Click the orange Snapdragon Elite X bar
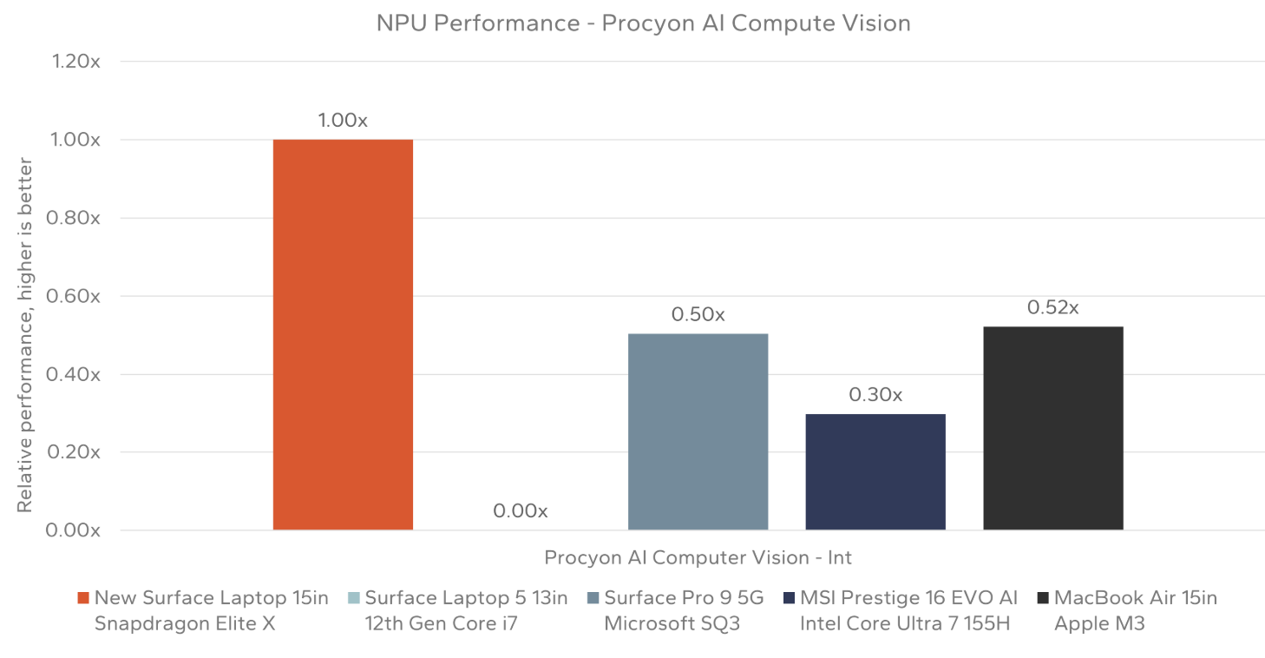tap(343, 334)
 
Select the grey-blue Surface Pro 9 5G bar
tap(698, 431)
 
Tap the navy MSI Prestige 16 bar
tap(875, 471)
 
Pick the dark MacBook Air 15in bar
tap(1052, 428)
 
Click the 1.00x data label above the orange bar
tap(343, 121)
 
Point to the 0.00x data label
tap(520, 511)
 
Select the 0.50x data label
tap(698, 315)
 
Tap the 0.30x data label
tap(875, 395)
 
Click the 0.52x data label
tap(1052, 307)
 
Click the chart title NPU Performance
tap(643, 23)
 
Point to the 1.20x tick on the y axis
tap(76, 62)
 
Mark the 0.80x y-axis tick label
tap(76, 218)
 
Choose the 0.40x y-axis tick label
tap(76, 374)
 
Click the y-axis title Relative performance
tap(25, 334)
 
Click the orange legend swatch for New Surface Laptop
tap(83, 597)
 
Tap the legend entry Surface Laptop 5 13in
tap(466, 597)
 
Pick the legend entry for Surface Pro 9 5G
tap(683, 597)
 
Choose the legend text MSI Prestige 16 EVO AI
tap(908, 597)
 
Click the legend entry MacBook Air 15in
tap(1135, 597)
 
